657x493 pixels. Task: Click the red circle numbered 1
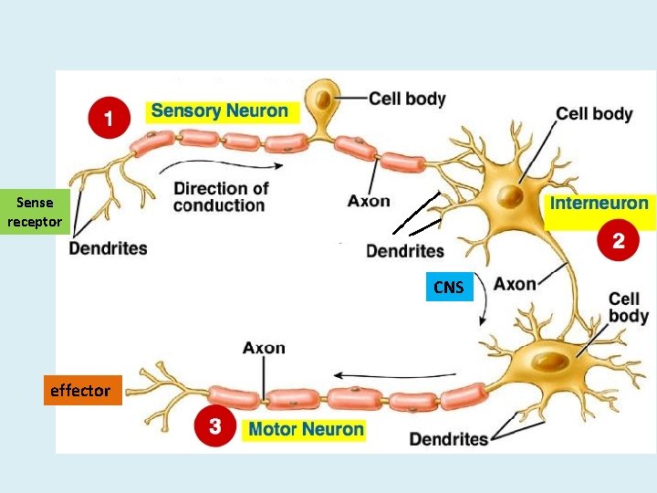[108, 119]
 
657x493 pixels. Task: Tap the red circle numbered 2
[618, 241]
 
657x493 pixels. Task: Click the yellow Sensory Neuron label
[220, 111]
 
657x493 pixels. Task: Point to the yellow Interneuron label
[599, 204]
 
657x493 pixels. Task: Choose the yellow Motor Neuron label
[306, 429]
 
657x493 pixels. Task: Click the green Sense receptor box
[35, 212]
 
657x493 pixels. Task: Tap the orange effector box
[79, 391]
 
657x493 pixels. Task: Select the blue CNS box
[448, 288]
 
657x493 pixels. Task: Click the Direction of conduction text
[221, 196]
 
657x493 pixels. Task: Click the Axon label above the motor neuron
[264, 348]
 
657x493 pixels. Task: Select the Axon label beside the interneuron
[515, 284]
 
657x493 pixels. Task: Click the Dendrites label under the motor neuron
[448, 439]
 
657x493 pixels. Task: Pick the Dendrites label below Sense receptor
[108, 247]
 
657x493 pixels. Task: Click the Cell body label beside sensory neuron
[407, 98]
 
